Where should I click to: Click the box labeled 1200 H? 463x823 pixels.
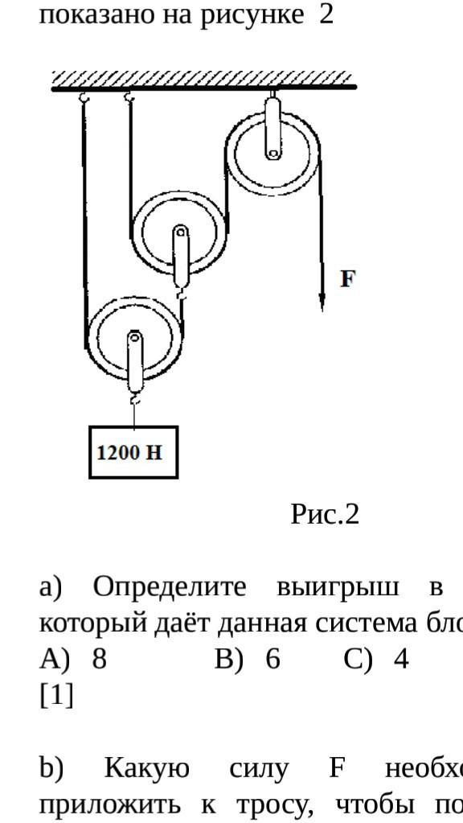click(133, 452)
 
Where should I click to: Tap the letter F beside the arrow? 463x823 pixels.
click(347, 278)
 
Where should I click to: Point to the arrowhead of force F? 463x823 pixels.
click(322, 302)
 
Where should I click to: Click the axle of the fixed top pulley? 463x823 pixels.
click(272, 154)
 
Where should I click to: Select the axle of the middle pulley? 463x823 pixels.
click(181, 232)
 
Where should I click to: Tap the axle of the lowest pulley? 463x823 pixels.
click(135, 338)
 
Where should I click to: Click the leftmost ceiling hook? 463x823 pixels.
click(84, 97)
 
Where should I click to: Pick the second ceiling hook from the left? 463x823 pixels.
click(129, 97)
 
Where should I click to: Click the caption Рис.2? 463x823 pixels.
click(325, 514)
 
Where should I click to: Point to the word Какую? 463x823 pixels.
click(146, 769)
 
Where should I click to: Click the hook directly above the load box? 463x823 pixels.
click(135, 401)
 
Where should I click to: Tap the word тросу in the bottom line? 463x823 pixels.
click(275, 805)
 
